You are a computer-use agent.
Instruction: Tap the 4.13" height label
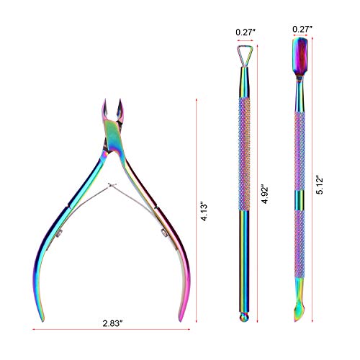[x=204, y=212]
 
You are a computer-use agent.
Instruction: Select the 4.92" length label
[x=265, y=194]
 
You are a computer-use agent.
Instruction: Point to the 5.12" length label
[x=320, y=186]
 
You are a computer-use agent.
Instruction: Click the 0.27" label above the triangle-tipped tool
[x=246, y=32]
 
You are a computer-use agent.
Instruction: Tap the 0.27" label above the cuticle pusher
[x=302, y=29]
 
